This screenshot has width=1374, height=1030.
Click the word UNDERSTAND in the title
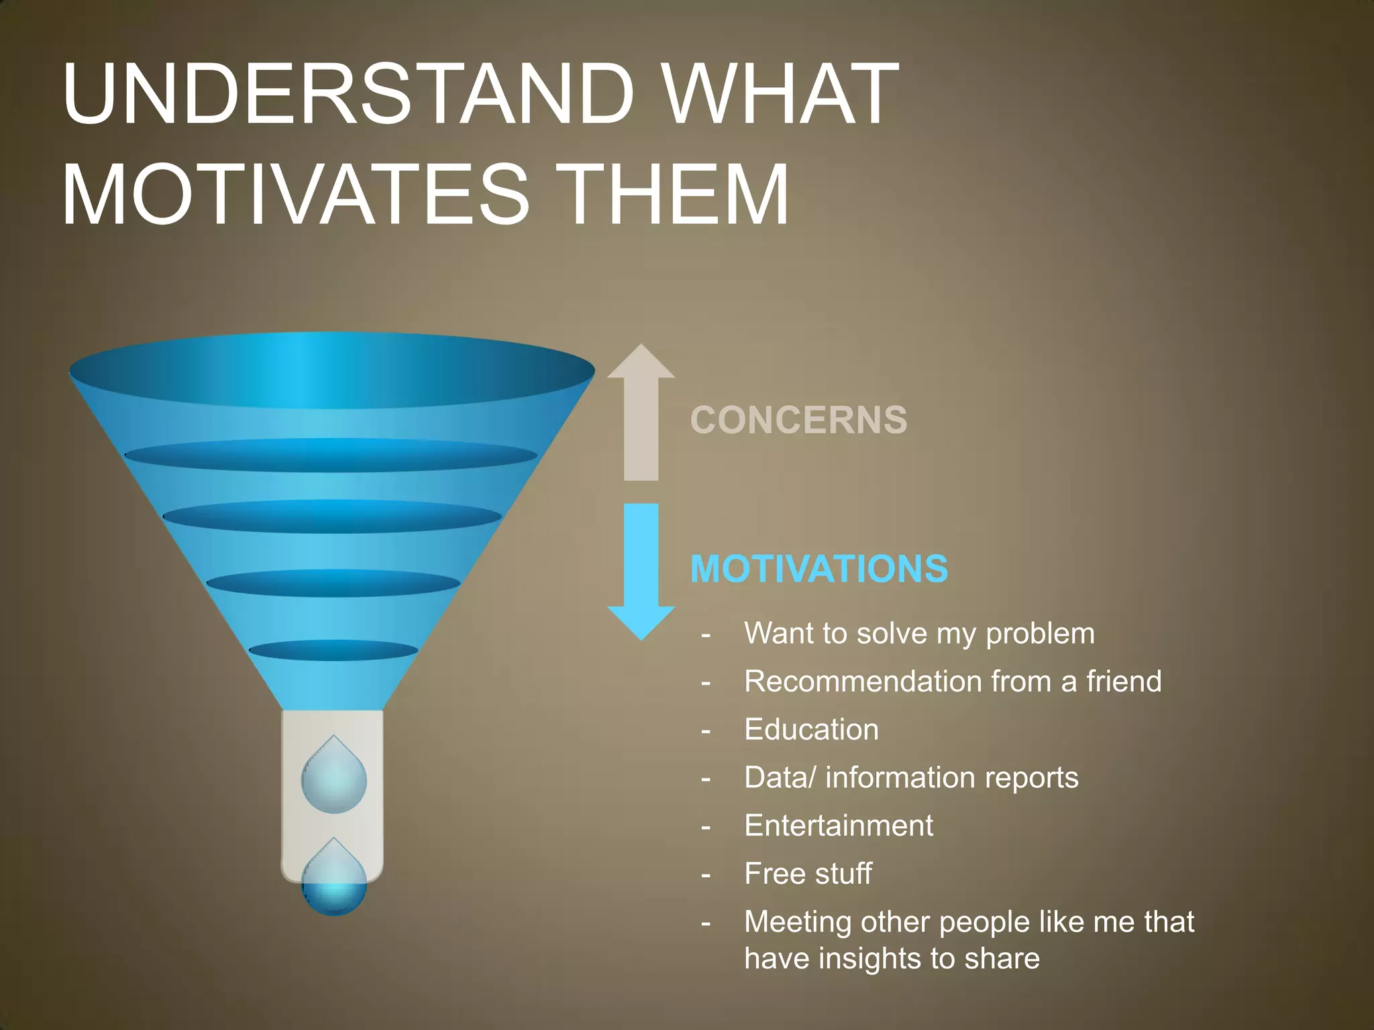coord(349,95)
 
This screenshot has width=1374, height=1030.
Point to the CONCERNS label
coord(798,420)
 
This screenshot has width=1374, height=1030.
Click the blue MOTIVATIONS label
coord(818,569)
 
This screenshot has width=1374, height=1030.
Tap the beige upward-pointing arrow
coord(641,412)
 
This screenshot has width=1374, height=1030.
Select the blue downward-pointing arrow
coord(641,570)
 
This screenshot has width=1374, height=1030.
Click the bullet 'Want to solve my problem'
coord(919,634)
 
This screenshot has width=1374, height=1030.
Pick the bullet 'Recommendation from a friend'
coord(953,682)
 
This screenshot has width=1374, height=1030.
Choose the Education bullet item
coord(811,730)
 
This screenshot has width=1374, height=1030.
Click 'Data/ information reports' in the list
coord(911,778)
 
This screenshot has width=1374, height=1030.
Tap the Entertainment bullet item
coord(839,825)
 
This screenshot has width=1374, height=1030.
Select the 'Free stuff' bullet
coord(808,874)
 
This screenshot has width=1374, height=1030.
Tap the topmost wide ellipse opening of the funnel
coord(332,371)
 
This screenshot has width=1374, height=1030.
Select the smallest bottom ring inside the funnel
coord(333,650)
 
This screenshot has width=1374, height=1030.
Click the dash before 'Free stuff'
coord(706,875)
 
